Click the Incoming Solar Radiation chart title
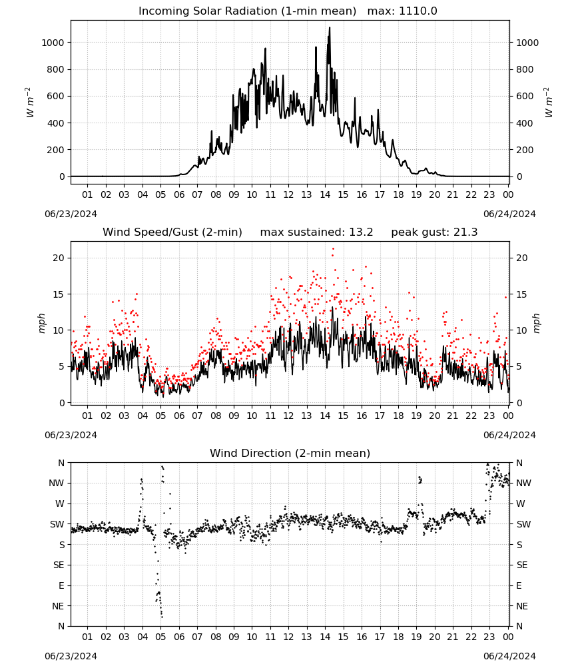coord(247,11)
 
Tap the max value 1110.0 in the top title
coord(418,11)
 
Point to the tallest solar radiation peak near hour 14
coord(330,28)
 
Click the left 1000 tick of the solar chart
coord(53,43)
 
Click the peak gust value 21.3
coord(465,232)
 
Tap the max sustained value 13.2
coord(361,232)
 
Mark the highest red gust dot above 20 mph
coord(333,249)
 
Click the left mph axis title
coord(41,323)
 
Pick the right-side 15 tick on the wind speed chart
coord(522,294)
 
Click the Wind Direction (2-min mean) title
coord(290,453)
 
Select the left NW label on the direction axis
coord(57,484)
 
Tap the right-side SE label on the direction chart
coord(522,565)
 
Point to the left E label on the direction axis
coord(61,585)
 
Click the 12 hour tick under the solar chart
coord(288,194)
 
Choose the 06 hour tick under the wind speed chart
coord(178,416)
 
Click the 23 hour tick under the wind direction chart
coord(489,637)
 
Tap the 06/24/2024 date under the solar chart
coord(509,214)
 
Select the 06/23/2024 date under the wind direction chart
coord(71,656)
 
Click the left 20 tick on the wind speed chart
coord(59,258)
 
